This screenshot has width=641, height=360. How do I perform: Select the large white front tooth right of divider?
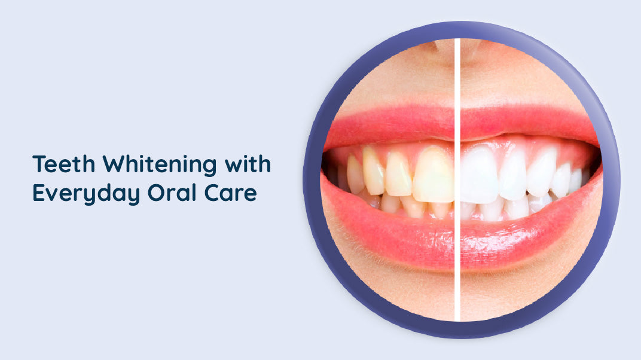pyautogui.click(x=479, y=175)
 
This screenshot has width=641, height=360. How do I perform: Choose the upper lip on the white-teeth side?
pyautogui.click(x=520, y=123)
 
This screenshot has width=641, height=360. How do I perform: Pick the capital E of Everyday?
pyautogui.click(x=38, y=193)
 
